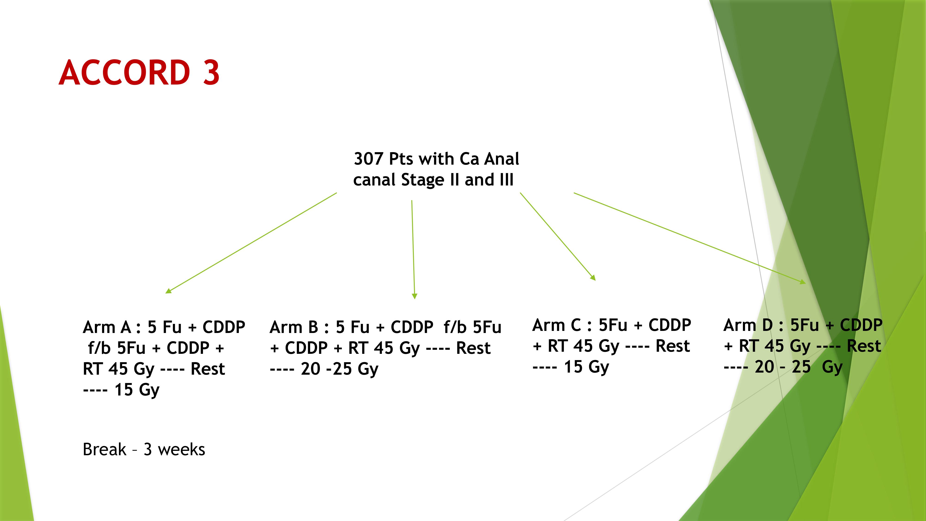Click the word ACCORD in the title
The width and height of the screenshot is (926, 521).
[124, 73]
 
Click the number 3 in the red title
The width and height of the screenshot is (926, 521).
[211, 73]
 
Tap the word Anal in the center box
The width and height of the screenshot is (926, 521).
[502, 159]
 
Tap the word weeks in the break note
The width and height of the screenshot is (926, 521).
[181, 449]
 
